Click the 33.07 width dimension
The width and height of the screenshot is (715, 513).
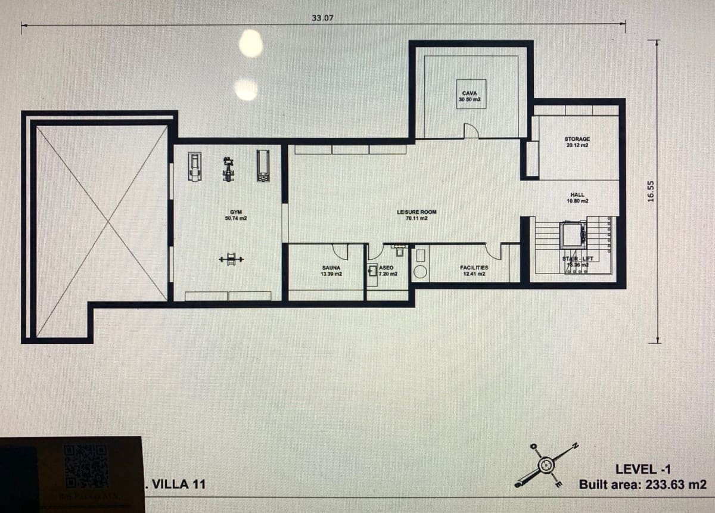pyautogui.click(x=322, y=18)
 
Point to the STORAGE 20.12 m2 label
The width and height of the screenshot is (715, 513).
pyautogui.click(x=577, y=142)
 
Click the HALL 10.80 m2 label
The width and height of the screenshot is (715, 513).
pyautogui.click(x=577, y=197)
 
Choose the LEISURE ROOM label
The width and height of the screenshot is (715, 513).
pyautogui.click(x=416, y=214)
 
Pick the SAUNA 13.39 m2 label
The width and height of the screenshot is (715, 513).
pyautogui.click(x=331, y=271)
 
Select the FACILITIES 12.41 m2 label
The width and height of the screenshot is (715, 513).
pyautogui.click(x=474, y=271)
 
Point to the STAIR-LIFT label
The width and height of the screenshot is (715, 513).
pyautogui.click(x=577, y=260)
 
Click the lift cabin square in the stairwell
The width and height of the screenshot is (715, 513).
pyautogui.click(x=573, y=234)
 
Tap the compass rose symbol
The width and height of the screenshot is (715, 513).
pyautogui.click(x=546, y=464)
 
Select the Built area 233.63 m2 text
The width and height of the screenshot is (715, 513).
pyautogui.click(x=642, y=484)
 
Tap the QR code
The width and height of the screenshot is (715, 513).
pyautogui.click(x=86, y=465)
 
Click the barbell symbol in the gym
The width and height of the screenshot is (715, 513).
pyautogui.click(x=231, y=259)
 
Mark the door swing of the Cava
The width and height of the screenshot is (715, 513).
pyautogui.click(x=471, y=130)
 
